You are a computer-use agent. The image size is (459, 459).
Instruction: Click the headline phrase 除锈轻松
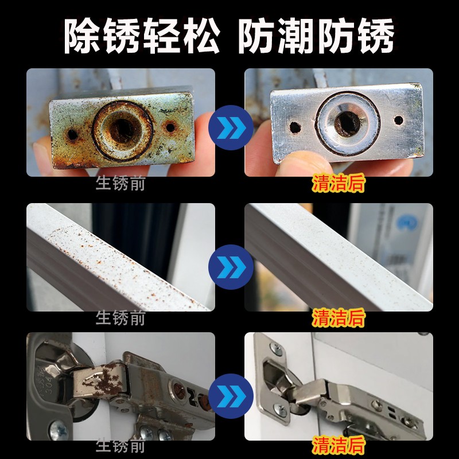[142, 36]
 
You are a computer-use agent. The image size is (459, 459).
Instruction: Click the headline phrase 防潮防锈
[317, 36]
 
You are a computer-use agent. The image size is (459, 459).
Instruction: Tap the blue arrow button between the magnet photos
[231, 127]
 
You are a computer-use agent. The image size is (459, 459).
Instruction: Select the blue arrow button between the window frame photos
[231, 267]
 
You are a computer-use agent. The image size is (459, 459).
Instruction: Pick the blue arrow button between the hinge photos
[231, 396]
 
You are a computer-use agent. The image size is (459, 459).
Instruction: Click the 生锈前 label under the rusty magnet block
[120, 184]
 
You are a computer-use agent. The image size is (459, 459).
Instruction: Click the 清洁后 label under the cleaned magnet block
[339, 183]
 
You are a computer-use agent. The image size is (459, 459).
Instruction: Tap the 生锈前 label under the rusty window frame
[120, 318]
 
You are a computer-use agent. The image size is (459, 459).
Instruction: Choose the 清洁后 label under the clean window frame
[339, 318]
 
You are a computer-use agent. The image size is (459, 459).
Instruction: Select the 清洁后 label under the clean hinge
[339, 445]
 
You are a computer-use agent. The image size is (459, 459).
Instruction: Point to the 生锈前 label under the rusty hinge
[120, 446]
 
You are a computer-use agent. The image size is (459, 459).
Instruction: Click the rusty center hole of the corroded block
[123, 130]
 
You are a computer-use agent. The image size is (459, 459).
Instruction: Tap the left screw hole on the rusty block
[73, 135]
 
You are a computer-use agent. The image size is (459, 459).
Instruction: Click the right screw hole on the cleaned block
[399, 120]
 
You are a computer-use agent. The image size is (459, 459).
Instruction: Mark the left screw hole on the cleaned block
[295, 127]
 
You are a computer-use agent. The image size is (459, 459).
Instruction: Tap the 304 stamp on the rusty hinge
[48, 380]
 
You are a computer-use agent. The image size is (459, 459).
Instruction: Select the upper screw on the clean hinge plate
[275, 349]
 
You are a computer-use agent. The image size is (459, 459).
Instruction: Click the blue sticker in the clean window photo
[407, 223]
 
